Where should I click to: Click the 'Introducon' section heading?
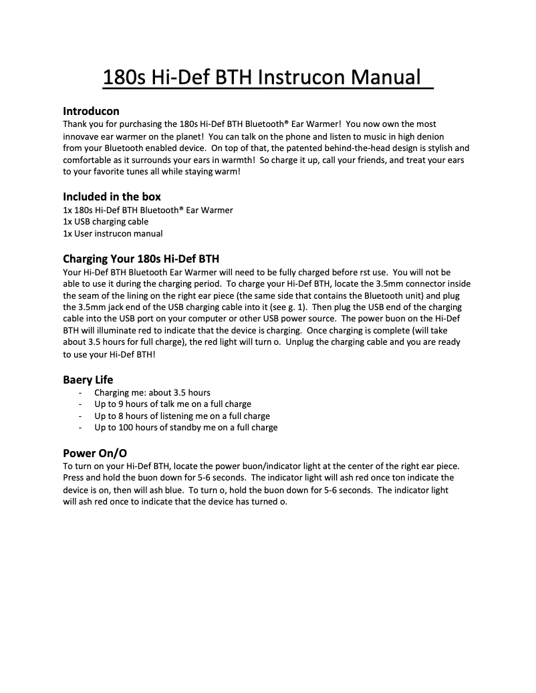point(91,110)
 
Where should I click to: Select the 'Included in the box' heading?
point(112,196)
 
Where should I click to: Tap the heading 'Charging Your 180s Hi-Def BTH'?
point(141,259)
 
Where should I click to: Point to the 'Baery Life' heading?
point(88,380)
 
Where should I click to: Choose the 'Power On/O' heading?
point(94,452)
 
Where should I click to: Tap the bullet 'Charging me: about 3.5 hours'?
point(152,392)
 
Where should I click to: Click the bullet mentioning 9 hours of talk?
point(172,404)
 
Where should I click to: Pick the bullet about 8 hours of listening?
point(182,416)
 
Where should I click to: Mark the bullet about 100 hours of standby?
point(186,428)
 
